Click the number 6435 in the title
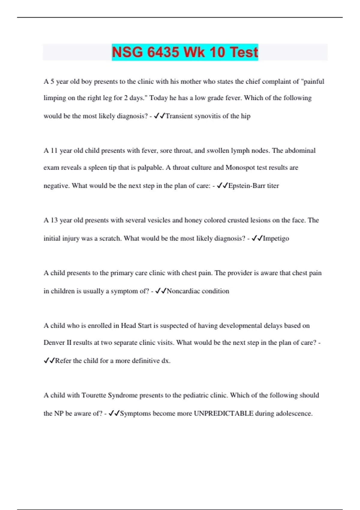(x=163, y=52)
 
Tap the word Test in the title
(x=244, y=52)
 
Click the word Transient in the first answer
(x=179, y=116)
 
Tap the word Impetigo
(x=276, y=238)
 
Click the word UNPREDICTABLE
(x=223, y=413)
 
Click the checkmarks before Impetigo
(x=257, y=238)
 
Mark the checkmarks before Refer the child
(x=49, y=361)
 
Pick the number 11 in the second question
(x=54, y=151)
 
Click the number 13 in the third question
(x=54, y=220)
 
